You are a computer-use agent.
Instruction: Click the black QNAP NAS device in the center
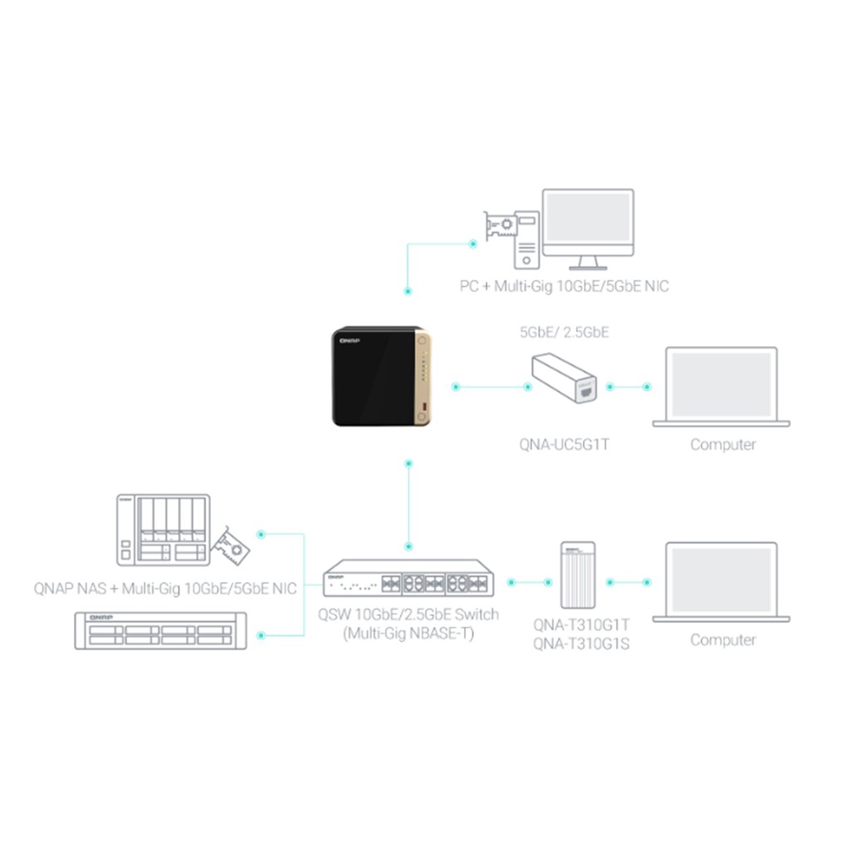(x=381, y=376)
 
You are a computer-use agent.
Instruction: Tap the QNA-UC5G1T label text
(x=564, y=445)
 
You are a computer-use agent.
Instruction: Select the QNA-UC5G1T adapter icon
(x=564, y=378)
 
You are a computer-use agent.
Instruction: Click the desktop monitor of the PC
(x=589, y=229)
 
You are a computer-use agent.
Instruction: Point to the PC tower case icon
(x=526, y=240)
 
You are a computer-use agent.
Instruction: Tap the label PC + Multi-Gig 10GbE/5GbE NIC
(x=564, y=286)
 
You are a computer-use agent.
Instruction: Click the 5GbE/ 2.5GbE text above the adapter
(x=564, y=332)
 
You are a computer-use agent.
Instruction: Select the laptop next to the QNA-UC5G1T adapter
(x=721, y=387)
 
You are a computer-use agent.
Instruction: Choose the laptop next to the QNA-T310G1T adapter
(x=721, y=582)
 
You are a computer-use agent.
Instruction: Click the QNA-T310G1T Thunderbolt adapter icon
(x=578, y=575)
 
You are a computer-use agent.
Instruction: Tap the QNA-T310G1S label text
(x=581, y=644)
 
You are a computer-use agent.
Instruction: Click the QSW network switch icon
(x=408, y=579)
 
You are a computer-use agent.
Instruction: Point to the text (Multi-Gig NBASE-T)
(x=408, y=633)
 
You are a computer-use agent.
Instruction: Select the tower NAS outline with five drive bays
(x=164, y=530)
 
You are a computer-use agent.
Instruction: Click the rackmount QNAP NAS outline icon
(x=160, y=631)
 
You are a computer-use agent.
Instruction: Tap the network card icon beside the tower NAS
(x=231, y=546)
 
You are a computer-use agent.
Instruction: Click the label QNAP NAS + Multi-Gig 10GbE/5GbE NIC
(x=165, y=589)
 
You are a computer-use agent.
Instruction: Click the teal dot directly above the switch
(x=408, y=546)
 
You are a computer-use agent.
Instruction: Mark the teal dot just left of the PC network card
(x=472, y=244)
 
